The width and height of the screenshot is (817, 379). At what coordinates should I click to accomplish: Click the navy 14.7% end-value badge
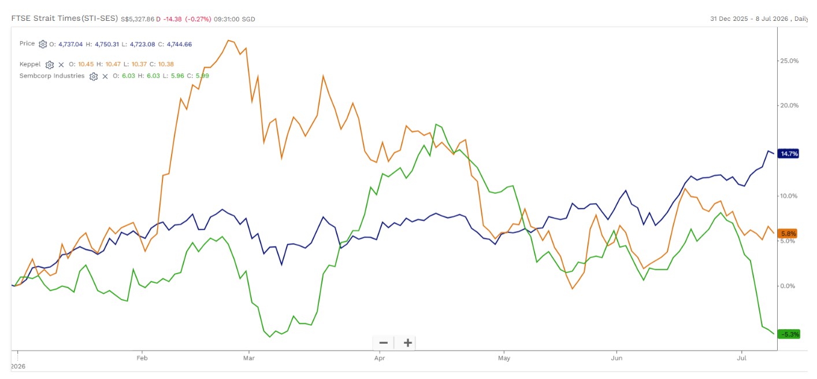tap(788, 154)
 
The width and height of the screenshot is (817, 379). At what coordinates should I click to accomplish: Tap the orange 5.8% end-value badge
tap(788, 234)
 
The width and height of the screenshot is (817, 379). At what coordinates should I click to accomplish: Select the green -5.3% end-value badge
tap(789, 334)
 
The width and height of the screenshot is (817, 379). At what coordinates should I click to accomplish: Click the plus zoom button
tap(408, 343)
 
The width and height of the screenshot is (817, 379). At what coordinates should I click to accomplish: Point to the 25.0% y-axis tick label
tap(789, 61)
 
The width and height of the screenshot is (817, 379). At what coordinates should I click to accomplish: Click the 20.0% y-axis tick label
tap(789, 105)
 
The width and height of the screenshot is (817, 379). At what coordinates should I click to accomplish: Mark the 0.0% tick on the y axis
tap(788, 286)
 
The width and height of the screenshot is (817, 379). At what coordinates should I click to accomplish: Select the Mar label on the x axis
tap(249, 358)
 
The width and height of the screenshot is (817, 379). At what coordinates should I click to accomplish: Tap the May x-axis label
tap(504, 358)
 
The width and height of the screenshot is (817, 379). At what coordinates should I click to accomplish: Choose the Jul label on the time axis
tap(741, 358)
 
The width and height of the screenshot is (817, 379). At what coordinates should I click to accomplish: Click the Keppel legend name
tap(30, 64)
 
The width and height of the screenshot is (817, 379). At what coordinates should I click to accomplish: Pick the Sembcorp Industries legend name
tap(52, 76)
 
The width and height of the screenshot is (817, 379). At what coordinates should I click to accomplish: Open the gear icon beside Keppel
tap(50, 65)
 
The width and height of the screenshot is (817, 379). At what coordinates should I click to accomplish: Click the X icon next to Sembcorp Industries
tap(105, 76)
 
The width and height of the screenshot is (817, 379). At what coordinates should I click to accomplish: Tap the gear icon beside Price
tap(43, 44)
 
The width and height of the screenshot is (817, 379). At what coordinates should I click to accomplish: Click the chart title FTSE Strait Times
tap(46, 19)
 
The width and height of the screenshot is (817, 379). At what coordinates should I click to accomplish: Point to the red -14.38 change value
tap(172, 19)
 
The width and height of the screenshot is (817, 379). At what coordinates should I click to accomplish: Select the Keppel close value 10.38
tap(166, 64)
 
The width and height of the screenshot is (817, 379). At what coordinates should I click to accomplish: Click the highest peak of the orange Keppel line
tap(228, 40)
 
